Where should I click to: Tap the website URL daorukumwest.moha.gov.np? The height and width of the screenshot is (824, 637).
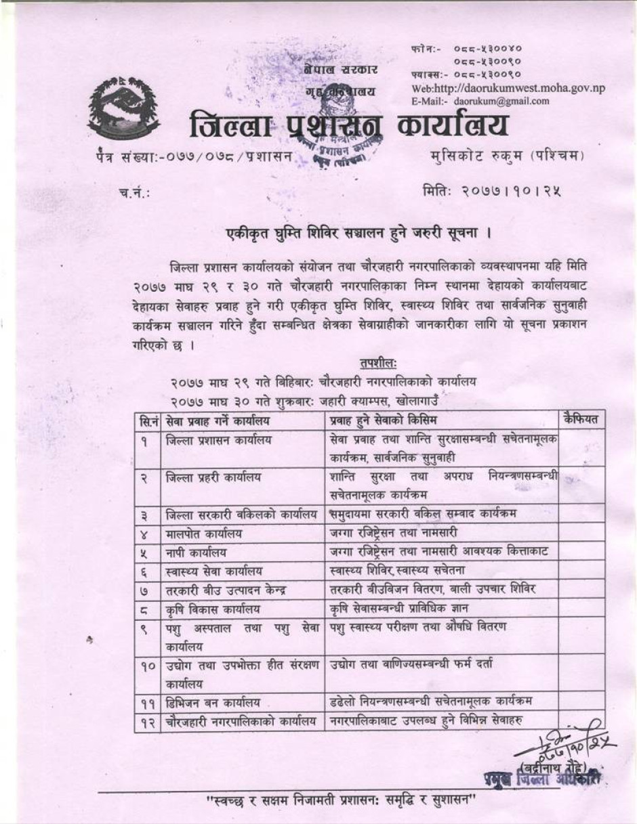[x=508, y=89]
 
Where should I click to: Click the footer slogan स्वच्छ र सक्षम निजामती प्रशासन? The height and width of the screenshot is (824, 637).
[x=342, y=801]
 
